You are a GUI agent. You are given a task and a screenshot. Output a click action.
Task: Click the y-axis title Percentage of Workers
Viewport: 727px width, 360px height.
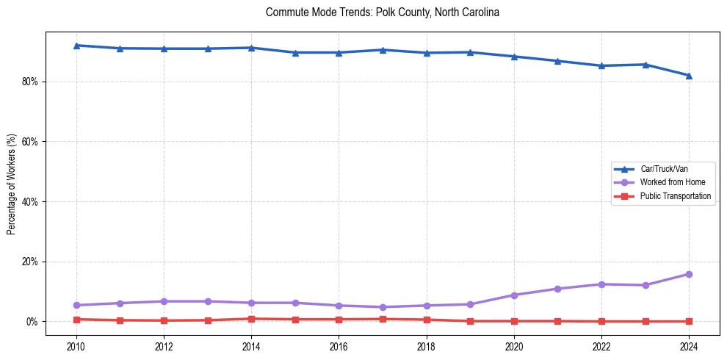point(11,184)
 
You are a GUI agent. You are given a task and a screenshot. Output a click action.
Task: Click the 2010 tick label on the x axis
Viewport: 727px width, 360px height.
point(76,346)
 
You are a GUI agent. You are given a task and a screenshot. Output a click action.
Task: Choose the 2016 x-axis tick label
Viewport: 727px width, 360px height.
point(339,346)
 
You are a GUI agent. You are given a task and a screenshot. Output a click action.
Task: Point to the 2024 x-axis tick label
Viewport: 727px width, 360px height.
point(689,346)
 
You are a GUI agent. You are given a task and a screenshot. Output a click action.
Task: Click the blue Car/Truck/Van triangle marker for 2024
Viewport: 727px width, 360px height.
point(689,76)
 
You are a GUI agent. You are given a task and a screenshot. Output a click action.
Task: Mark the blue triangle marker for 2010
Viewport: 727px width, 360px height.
point(76,46)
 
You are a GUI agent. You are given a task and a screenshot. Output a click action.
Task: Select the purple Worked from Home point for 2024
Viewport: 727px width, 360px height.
point(689,274)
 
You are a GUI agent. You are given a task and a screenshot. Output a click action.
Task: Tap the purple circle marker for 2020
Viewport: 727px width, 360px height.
point(514,295)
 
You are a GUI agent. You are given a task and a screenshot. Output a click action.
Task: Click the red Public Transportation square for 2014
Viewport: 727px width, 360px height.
point(251,319)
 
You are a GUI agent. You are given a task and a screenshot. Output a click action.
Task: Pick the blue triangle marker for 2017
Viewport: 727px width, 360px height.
point(383,50)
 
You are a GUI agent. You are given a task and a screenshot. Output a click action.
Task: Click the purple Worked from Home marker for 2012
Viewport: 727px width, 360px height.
point(164,301)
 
